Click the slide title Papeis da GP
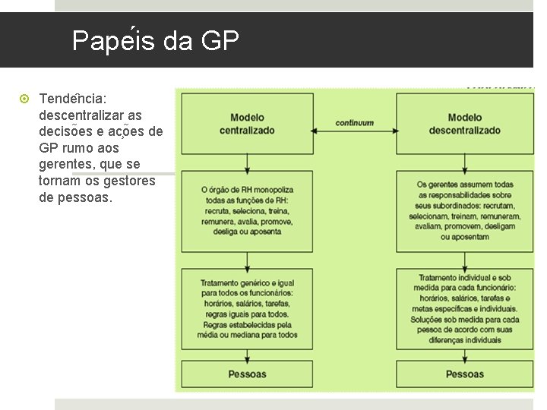click(x=155, y=41)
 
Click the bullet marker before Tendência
click(x=24, y=99)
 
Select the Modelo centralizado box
click(x=247, y=124)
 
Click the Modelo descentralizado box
click(x=464, y=124)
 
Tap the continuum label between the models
click(x=355, y=122)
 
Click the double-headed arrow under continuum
click(x=355, y=134)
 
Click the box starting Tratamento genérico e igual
click(x=247, y=309)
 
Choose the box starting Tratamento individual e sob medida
click(x=464, y=309)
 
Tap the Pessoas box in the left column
click(x=247, y=374)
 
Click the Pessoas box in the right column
click(x=464, y=374)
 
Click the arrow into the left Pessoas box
click(x=248, y=355)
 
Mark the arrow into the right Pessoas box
click(x=464, y=355)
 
